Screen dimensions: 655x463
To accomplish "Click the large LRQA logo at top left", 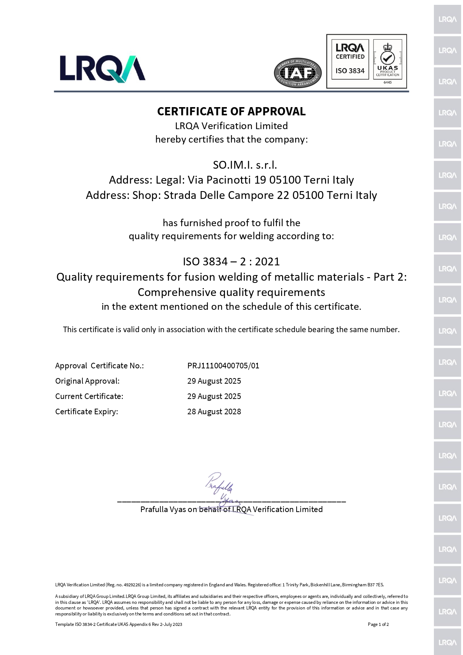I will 103,68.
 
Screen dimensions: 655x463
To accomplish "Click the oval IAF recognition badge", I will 297,73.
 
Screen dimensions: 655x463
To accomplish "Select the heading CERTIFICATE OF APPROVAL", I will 231,111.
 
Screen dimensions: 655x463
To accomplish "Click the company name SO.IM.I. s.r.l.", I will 245,165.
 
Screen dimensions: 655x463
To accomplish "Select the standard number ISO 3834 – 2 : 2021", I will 231,262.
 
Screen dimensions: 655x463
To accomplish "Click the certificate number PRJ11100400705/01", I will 223,366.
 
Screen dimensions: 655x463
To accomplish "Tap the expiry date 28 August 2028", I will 214,412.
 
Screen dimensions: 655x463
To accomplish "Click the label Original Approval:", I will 87,381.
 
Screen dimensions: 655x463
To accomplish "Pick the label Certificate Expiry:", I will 87,412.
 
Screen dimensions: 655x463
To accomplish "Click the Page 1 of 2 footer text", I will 378,624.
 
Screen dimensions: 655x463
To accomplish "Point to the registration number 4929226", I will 132,585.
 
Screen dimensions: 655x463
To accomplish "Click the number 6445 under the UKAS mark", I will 388,82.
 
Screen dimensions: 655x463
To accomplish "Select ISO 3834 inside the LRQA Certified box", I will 350,71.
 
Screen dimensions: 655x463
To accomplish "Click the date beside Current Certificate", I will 214,396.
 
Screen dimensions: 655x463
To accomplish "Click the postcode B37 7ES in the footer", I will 375,585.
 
